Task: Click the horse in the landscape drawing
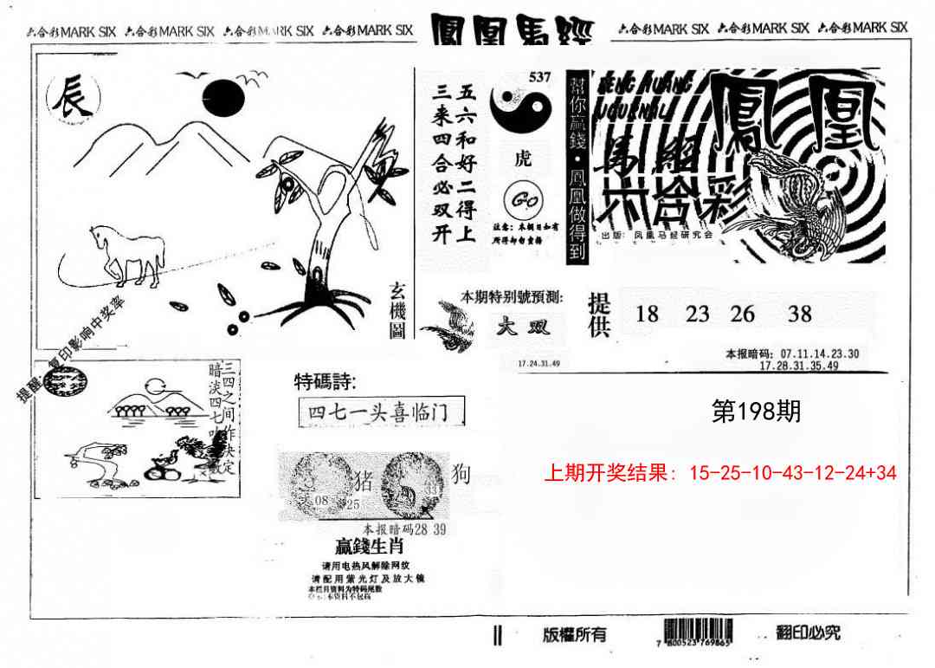[x=129, y=254]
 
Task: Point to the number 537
[x=538, y=78]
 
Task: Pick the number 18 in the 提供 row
[x=647, y=314]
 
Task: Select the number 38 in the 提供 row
[x=799, y=314]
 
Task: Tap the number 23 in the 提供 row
[x=698, y=314]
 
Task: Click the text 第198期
[x=755, y=412]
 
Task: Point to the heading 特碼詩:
[x=325, y=382]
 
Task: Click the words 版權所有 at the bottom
[x=574, y=634]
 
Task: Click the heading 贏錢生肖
[x=370, y=547]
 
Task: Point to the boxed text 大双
[x=524, y=327]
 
